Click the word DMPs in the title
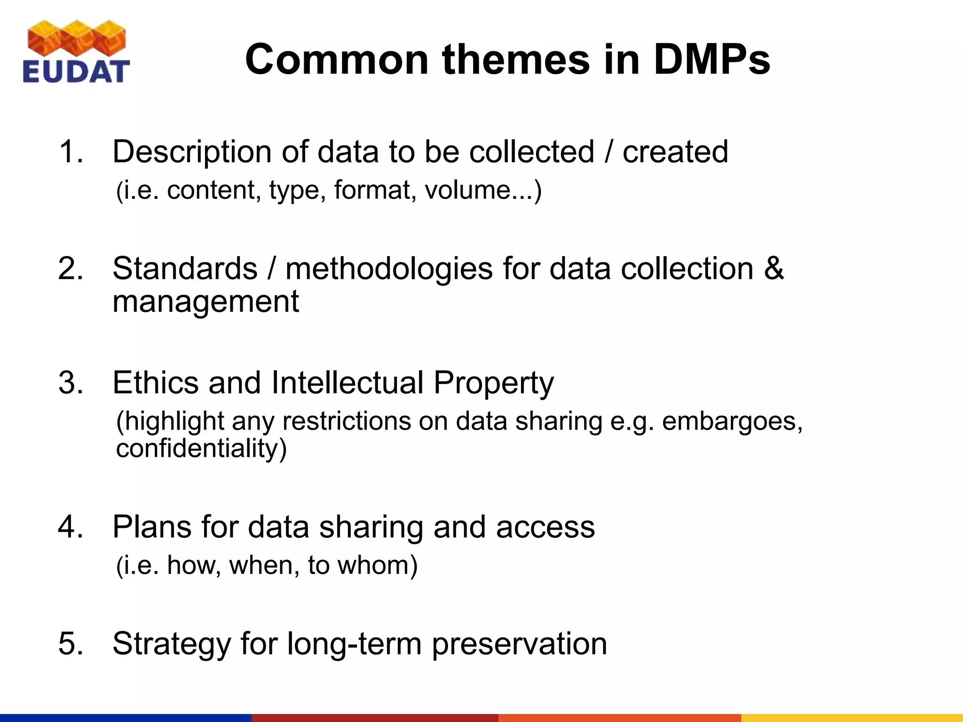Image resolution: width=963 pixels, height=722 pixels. coord(712,60)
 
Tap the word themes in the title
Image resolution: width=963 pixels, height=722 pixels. coord(516,60)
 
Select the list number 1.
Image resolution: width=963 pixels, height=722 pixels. coord(71,152)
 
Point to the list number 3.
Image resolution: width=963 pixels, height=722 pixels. coord(71,383)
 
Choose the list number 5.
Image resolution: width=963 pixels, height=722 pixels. coord(71,644)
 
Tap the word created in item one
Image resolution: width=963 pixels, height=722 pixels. coord(675,152)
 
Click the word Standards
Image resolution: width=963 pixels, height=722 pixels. coord(185,269)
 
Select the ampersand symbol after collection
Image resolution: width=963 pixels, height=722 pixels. coord(774,269)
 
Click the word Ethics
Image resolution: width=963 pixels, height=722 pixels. coord(156,383)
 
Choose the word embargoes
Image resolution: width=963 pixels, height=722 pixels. coord(732,422)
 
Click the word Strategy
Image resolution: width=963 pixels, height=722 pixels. coord(172,644)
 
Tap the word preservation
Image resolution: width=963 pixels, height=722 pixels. coord(519,644)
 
